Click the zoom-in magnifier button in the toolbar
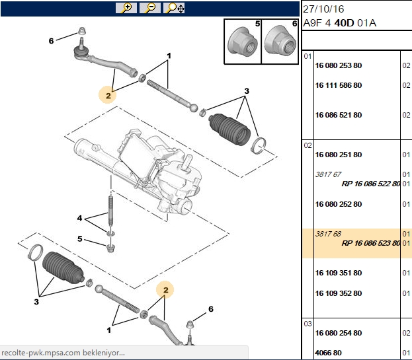[126, 8]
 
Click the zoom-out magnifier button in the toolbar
[150, 8]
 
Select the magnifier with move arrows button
[174, 8]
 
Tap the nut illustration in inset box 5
[242, 42]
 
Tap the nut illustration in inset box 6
[280, 40]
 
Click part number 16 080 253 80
[339, 65]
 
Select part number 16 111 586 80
[339, 85]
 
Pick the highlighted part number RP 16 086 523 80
[371, 243]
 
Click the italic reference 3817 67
[328, 174]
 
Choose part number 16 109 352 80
[339, 293]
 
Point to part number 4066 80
[328, 353]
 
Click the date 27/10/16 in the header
[323, 9]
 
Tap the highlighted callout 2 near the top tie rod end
[108, 95]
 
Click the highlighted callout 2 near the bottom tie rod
[165, 290]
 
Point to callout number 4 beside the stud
[79, 218]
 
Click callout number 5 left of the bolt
[80, 238]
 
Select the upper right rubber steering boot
[229, 129]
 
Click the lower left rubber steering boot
[63, 268]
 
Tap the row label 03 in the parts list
[308, 324]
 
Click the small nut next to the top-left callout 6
[82, 31]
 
